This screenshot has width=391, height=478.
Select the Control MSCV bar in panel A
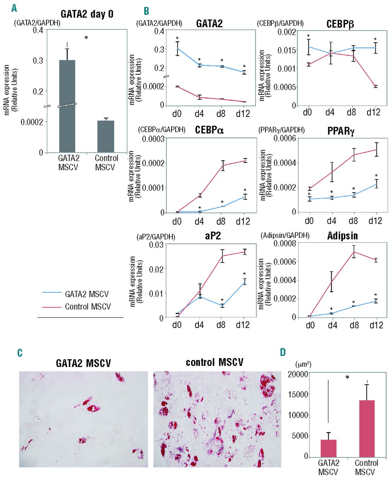106,136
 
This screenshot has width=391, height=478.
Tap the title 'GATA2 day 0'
87,14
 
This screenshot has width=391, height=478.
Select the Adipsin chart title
342,236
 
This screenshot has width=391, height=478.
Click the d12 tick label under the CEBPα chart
243,221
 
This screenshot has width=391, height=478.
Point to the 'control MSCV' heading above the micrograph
214,362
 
